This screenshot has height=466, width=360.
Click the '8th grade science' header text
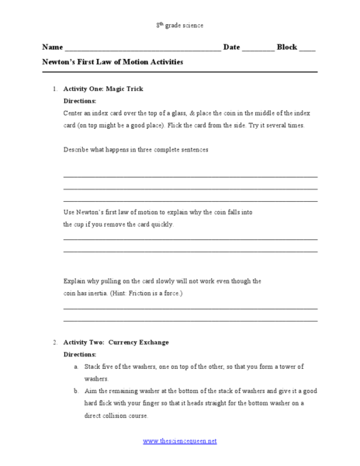pyautogui.click(x=179, y=26)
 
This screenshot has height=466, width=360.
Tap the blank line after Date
pyautogui.click(x=258, y=49)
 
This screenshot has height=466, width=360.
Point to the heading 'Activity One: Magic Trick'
pyautogui.click(x=102, y=89)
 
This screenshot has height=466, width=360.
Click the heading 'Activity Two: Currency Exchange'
pyautogui.click(x=116, y=342)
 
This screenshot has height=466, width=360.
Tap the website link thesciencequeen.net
pyautogui.click(x=180, y=441)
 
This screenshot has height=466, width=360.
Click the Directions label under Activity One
pyautogui.click(x=79, y=101)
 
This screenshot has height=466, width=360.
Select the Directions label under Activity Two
pyautogui.click(x=79, y=353)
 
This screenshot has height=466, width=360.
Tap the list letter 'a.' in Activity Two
pyautogui.click(x=76, y=366)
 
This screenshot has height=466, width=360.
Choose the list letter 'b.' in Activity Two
pyautogui.click(x=76, y=391)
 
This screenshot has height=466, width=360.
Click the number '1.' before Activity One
pyautogui.click(x=54, y=89)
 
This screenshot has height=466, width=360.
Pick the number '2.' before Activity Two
pyautogui.click(x=54, y=342)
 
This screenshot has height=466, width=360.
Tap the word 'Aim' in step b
pyautogui.click(x=89, y=391)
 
